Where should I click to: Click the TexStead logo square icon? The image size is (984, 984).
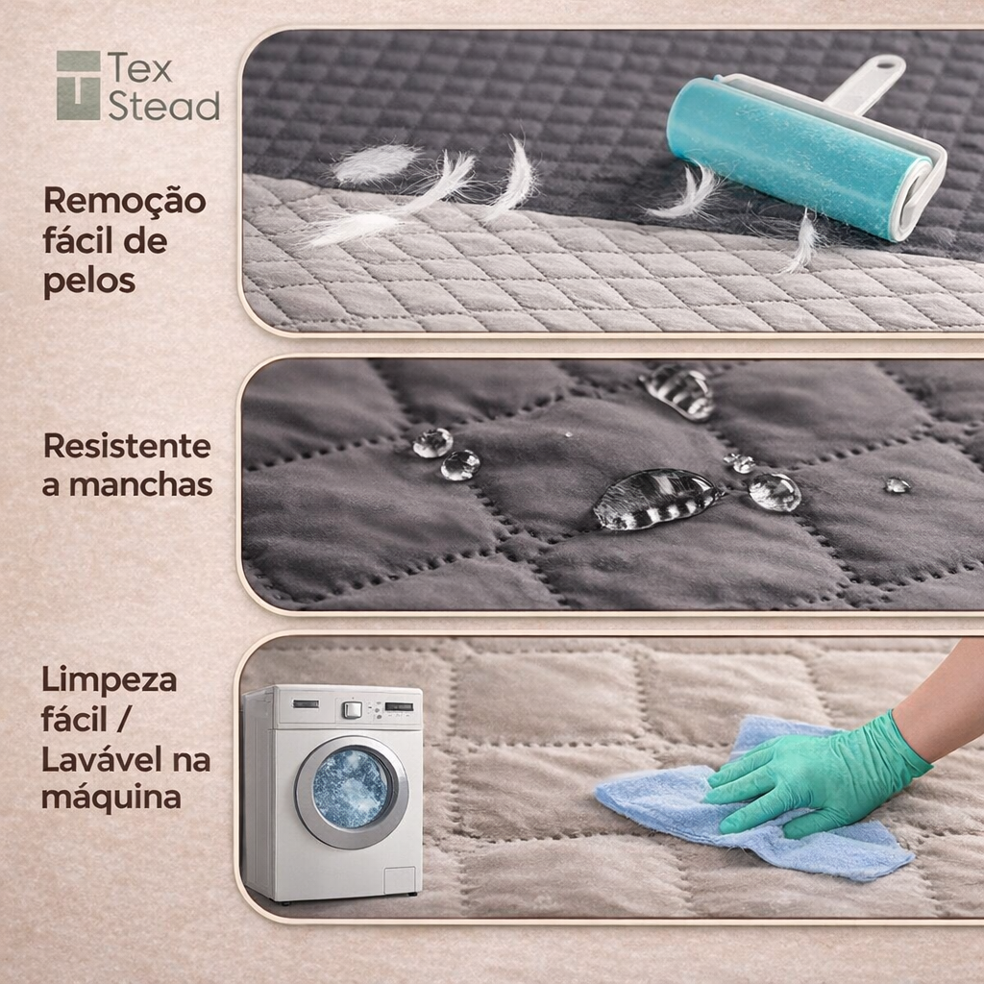[x=79, y=86]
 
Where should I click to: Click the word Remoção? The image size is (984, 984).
[x=124, y=201]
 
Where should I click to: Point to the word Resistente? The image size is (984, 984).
[x=127, y=446]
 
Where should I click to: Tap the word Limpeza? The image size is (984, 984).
[x=110, y=681]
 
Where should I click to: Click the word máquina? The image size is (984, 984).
[x=111, y=799]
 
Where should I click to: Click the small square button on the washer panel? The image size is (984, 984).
[x=352, y=710]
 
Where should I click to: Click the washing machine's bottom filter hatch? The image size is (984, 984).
[x=399, y=880]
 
